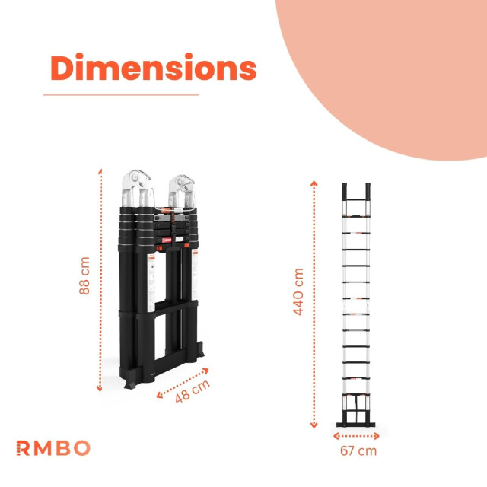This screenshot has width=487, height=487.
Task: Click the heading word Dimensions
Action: (x=153, y=68)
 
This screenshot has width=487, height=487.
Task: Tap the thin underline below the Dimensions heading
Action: (x=120, y=94)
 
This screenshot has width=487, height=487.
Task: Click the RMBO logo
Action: (x=53, y=447)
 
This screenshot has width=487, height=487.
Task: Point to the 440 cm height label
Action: (x=298, y=291)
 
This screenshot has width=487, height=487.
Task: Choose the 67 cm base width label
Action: (x=358, y=450)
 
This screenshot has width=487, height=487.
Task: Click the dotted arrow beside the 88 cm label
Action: (x=100, y=280)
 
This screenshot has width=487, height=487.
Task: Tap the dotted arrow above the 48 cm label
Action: (x=183, y=382)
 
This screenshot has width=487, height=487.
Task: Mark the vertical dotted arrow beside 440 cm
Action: (x=314, y=304)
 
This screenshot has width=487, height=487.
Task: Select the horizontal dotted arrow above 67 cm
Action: (x=356, y=436)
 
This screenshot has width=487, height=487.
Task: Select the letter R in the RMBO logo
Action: (x=22, y=447)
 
